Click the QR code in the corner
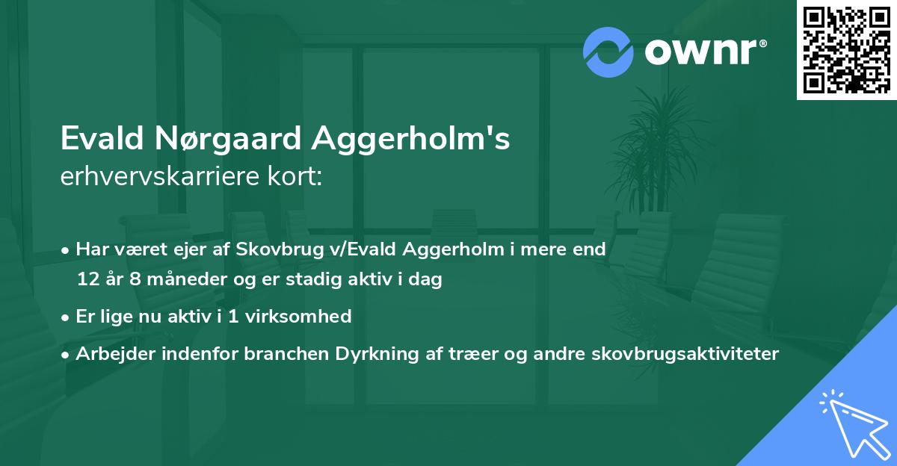pyautogui.click(x=846, y=49)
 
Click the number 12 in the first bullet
pyautogui.click(x=87, y=280)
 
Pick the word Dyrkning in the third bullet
pyautogui.click(x=398, y=354)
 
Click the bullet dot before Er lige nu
pyautogui.click(x=67, y=317)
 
